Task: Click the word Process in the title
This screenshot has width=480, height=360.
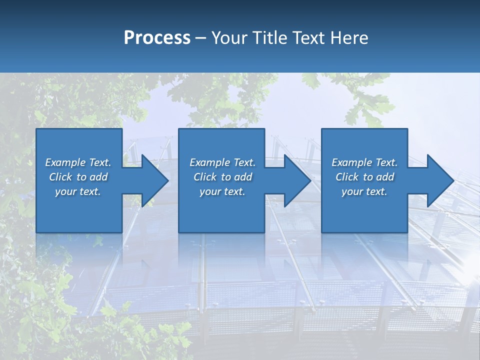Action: [x=157, y=38]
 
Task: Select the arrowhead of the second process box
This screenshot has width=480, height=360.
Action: [x=296, y=180]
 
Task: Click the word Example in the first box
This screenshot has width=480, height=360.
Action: [x=65, y=162]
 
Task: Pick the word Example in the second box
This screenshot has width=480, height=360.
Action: [x=209, y=162]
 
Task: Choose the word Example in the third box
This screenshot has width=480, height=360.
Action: [x=351, y=162]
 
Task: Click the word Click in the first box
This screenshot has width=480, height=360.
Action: [x=61, y=177]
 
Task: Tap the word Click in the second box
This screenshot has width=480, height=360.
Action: [x=205, y=177]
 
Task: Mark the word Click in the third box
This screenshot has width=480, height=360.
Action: [x=347, y=177]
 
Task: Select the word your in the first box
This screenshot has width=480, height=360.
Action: [x=65, y=191]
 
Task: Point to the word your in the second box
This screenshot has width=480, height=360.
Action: [x=210, y=191]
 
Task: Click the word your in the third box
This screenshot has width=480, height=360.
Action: [x=352, y=191]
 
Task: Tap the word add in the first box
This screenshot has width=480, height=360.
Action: [x=98, y=177]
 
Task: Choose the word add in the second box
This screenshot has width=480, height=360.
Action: [x=243, y=177]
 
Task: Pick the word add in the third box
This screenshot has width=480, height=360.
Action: [x=385, y=177]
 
